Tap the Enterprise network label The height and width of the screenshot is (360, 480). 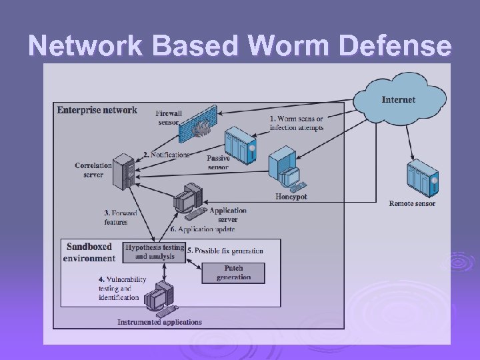tap(97, 110)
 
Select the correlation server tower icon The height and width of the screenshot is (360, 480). tap(123, 171)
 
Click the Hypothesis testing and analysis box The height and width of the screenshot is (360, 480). tap(154, 251)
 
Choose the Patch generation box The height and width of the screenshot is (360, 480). tap(233, 273)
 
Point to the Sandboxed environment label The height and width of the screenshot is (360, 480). tap(89, 252)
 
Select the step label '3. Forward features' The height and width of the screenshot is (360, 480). tap(119, 217)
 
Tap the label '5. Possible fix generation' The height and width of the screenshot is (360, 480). tap(225, 251)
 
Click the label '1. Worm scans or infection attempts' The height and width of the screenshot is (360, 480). tap(297, 123)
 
